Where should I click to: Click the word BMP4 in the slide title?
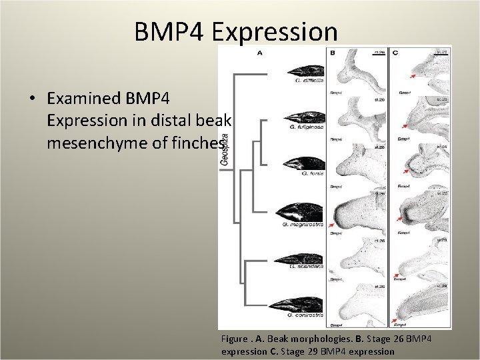[172, 31]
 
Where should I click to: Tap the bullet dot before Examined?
[31, 99]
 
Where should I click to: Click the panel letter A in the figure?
[259, 53]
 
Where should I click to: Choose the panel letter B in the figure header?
[332, 53]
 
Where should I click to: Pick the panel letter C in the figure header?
[396, 53]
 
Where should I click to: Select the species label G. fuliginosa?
[307, 127]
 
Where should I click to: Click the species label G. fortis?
[311, 173]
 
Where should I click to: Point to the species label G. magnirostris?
[303, 224]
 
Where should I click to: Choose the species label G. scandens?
[306, 266]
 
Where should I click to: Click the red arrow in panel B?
[331, 227]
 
